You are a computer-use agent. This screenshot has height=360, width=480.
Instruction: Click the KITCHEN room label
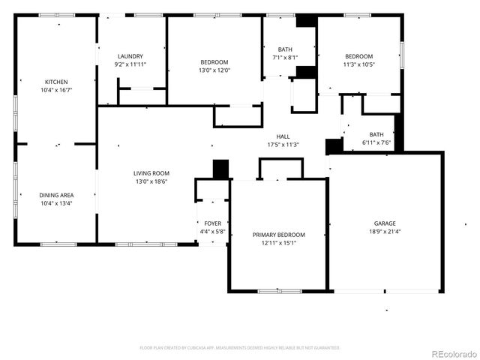coord(57,82)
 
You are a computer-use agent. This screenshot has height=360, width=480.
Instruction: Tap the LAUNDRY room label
coord(130,56)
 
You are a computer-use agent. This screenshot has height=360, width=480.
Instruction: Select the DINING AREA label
coord(57,195)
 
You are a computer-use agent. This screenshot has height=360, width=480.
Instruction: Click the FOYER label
coord(212,223)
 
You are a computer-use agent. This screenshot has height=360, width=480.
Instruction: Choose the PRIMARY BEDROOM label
coord(278,235)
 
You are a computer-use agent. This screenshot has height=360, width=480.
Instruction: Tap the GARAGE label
coord(385,223)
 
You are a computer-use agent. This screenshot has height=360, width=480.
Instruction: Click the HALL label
coord(283,136)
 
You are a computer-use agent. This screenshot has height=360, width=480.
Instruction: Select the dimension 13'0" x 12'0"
coord(214,70)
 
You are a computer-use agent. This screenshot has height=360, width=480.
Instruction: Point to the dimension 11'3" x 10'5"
coord(358,64)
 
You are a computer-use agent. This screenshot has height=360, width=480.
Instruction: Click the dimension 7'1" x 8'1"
coord(285,57)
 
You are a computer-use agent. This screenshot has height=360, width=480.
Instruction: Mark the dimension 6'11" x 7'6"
coord(376,142)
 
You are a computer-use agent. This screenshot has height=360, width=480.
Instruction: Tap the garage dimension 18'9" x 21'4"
coord(385,232)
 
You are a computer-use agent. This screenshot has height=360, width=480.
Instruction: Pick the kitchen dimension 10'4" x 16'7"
coord(57,90)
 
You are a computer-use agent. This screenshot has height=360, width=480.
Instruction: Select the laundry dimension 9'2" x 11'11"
coord(130,64)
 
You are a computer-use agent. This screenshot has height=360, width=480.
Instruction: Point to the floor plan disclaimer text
coord(240,348)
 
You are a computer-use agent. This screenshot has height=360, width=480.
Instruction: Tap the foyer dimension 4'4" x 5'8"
coord(212,232)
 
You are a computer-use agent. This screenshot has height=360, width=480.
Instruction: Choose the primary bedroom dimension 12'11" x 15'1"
coord(278,243)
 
